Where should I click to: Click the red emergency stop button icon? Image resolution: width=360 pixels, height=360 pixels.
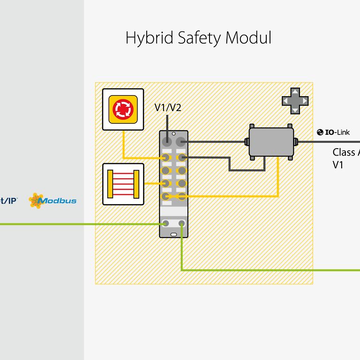(123, 109)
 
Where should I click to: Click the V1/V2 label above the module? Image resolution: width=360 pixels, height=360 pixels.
(168, 108)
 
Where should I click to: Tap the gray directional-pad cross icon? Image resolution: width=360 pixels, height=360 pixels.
(295, 101)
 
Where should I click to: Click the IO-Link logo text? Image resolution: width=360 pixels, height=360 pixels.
(337, 133)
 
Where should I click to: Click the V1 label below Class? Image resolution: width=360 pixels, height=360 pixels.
(338, 165)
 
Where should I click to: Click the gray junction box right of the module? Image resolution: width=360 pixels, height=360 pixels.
(270, 141)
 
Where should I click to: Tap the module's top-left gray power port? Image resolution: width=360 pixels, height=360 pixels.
(166, 141)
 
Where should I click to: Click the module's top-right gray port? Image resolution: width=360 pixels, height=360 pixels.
(181, 141)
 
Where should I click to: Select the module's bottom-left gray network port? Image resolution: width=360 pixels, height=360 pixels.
(165, 224)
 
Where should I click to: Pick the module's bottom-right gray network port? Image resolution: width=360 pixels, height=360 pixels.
(181, 224)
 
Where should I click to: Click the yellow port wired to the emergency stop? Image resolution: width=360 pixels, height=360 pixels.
(165, 157)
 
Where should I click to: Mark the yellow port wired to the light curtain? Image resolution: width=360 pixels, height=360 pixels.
(165, 183)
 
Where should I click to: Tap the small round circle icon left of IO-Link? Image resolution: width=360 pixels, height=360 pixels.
(320, 133)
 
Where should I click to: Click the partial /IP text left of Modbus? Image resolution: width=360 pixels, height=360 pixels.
(9, 200)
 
